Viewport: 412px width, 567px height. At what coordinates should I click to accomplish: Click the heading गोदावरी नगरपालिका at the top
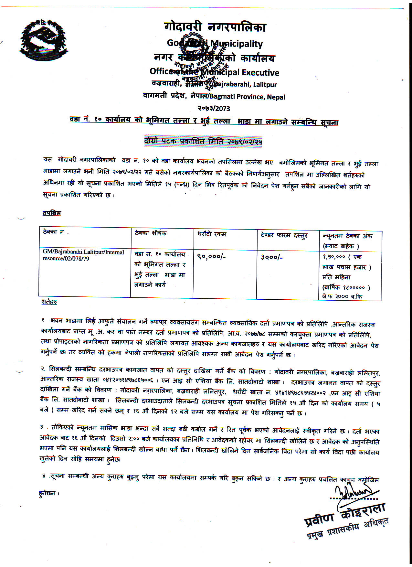coord(215,27)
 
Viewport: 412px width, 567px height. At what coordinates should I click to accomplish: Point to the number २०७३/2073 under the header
coord(214,108)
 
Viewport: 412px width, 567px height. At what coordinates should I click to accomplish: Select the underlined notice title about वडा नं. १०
coord(204,121)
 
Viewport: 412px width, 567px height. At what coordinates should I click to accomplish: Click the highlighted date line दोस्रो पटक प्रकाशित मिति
coord(203,141)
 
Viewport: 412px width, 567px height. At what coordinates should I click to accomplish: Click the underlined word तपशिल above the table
coord(52,213)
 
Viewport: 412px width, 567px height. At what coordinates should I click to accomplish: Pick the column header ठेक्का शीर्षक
coord(151,233)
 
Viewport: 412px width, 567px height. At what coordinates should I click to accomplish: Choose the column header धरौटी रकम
coord(212,234)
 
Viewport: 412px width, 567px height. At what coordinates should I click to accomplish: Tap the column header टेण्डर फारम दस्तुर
coord(284,235)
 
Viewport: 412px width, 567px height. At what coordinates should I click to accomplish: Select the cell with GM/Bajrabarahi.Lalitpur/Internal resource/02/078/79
coord(83,255)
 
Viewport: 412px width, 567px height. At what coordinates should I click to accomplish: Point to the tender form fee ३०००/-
coord(272,257)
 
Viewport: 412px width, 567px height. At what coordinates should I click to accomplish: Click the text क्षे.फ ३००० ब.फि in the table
coord(342,296)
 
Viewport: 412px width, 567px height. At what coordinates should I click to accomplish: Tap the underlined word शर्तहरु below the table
coord(49,302)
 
